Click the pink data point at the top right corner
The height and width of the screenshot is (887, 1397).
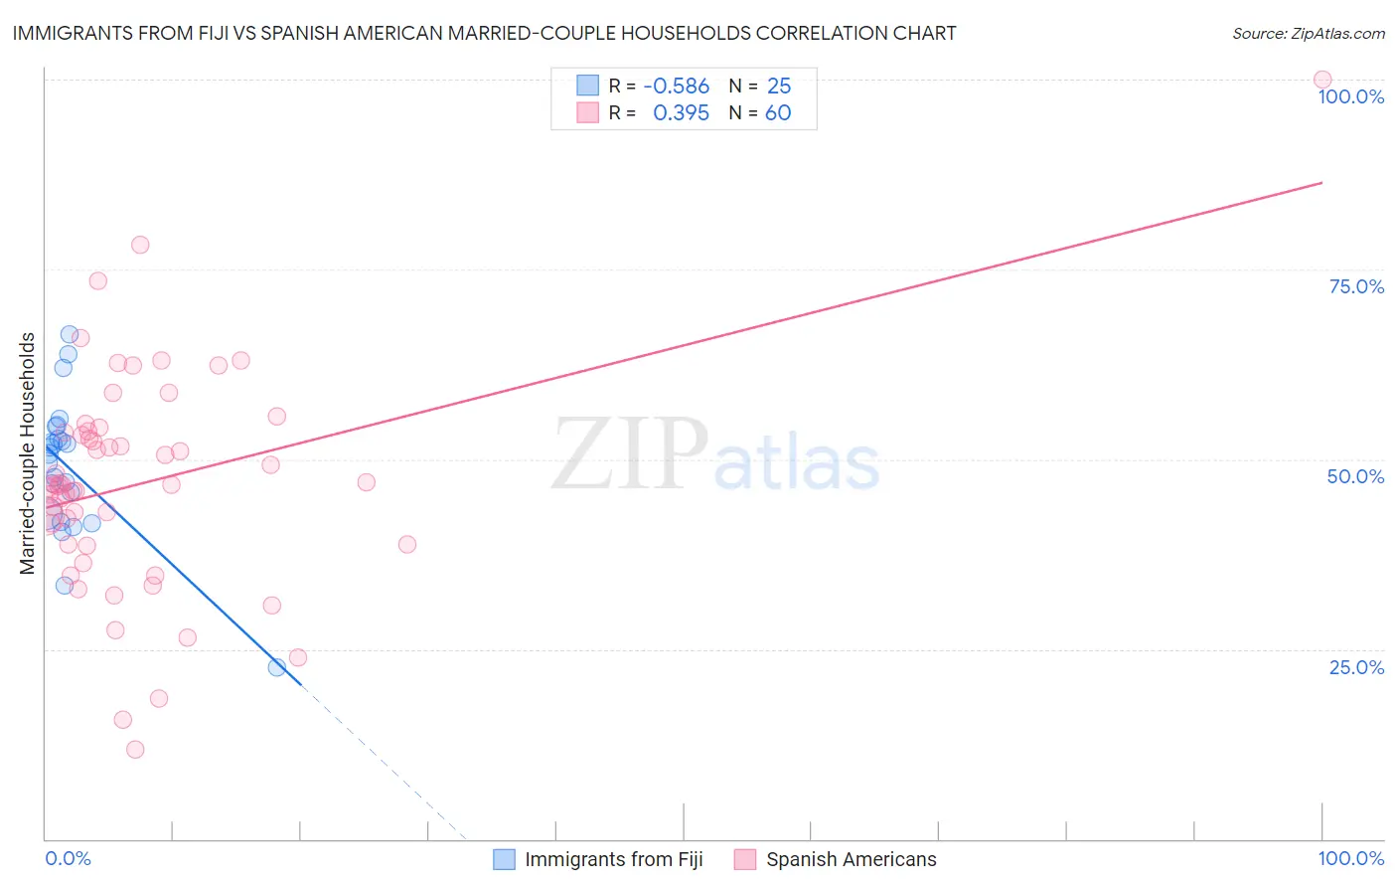[1321, 80]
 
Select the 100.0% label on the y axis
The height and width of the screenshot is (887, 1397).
[1350, 96]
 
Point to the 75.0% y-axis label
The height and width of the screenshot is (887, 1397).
[1356, 286]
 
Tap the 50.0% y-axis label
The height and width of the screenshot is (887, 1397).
[1355, 476]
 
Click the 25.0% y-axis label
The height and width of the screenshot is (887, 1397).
[1356, 667]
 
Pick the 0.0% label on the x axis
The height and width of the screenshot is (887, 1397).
[68, 858]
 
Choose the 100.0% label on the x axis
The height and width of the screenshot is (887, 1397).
[1350, 858]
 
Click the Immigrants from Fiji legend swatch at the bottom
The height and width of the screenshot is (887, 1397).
[505, 859]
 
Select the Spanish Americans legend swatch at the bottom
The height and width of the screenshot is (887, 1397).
[745, 859]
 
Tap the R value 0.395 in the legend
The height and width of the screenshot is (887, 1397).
[681, 112]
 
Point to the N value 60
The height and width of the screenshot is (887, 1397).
[778, 112]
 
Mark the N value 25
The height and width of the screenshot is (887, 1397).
[779, 86]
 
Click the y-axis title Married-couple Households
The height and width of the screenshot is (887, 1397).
[28, 453]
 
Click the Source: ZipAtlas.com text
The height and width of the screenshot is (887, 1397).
[1308, 33]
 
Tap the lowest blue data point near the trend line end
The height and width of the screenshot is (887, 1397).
[277, 667]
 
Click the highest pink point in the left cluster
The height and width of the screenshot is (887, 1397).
[140, 245]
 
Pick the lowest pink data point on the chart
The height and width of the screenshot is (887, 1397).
[135, 750]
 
